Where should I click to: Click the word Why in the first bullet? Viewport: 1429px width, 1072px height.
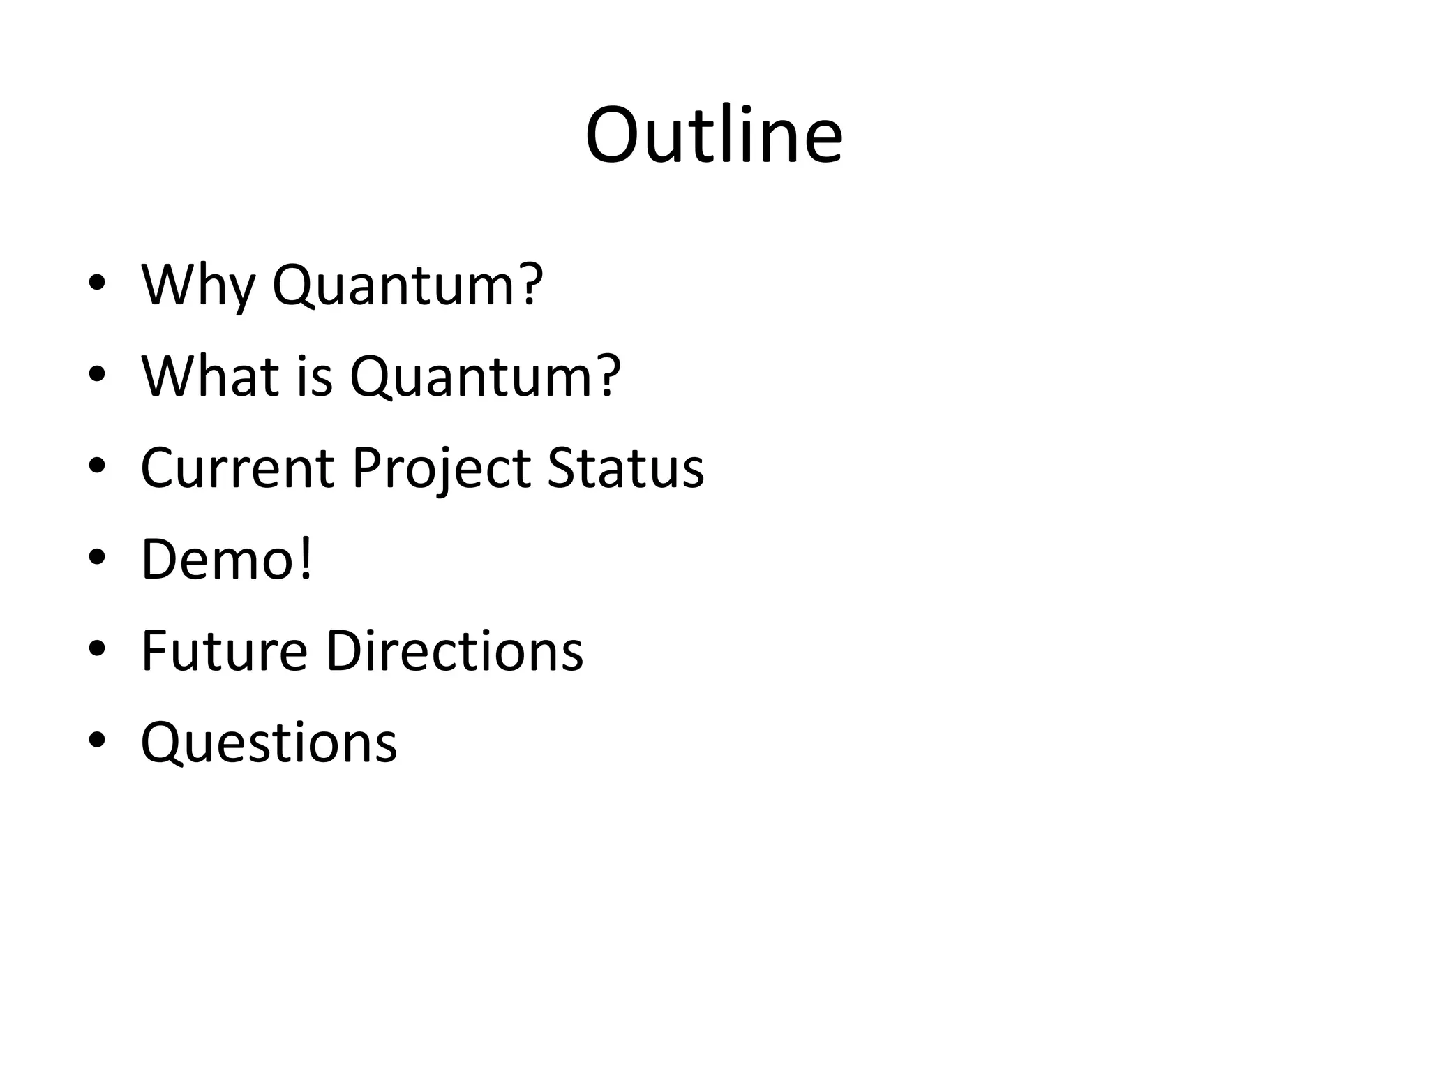coord(197,286)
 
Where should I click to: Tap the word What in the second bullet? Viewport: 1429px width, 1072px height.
coord(211,377)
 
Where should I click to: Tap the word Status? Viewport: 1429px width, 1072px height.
coord(625,468)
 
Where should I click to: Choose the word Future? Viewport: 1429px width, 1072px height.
coord(224,651)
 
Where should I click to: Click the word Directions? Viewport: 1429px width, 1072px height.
coord(454,651)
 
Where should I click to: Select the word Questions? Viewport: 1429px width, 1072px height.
coord(269,743)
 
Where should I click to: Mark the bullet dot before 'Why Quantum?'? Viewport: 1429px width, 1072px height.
coord(97,283)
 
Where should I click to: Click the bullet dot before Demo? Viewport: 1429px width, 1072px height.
coord(97,557)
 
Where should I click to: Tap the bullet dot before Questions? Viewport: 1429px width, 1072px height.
coord(97,740)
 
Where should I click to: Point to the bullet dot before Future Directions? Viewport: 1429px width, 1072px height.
coord(97,648)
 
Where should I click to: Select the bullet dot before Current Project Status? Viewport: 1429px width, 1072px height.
coord(97,466)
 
